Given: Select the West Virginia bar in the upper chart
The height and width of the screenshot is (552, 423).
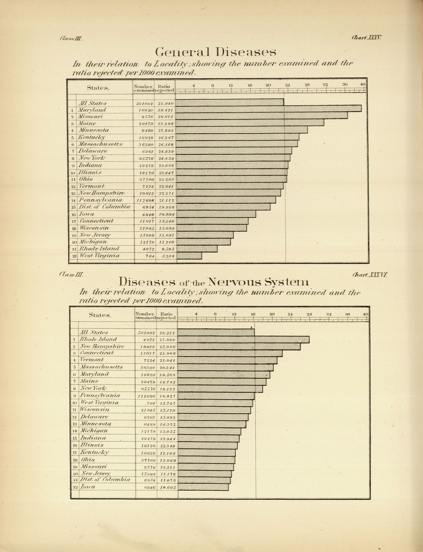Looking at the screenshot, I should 189,256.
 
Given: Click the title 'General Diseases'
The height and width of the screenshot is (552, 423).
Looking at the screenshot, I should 216,52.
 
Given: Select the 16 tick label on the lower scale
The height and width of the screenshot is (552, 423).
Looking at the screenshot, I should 253,314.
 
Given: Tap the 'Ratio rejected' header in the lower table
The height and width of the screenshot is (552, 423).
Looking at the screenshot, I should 167,316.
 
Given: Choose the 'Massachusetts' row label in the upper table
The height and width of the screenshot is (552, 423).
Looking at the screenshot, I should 100,144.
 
